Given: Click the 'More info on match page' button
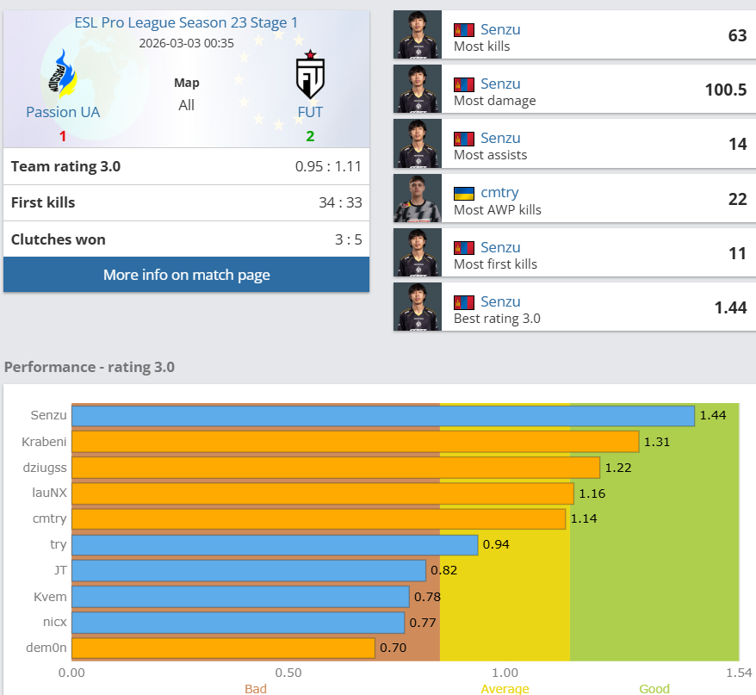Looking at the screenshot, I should (186, 275).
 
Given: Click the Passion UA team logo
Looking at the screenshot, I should (62, 74).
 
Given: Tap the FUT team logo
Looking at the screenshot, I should (310, 75).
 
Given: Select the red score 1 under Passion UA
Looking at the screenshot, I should (63, 136).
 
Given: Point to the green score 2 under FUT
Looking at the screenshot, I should (310, 136).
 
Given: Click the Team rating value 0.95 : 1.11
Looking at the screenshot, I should (328, 167).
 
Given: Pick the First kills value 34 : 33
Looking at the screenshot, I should (340, 203).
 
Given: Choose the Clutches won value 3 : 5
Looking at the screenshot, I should (349, 239).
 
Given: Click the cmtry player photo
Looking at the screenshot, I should (418, 198).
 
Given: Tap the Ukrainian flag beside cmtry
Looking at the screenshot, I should (464, 193).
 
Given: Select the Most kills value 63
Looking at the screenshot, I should (737, 35).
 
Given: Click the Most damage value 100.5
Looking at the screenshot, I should (725, 90).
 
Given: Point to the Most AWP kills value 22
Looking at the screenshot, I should (737, 198).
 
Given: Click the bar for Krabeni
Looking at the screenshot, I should (355, 442).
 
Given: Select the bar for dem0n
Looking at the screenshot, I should (223, 648).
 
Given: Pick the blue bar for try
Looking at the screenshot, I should (275, 545).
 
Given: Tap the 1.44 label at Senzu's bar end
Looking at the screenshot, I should (714, 415).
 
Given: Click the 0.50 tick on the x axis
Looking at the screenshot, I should (288, 672).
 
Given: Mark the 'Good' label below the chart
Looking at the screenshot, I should (654, 689).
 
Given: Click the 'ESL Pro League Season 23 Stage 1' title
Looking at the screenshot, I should (187, 23).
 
